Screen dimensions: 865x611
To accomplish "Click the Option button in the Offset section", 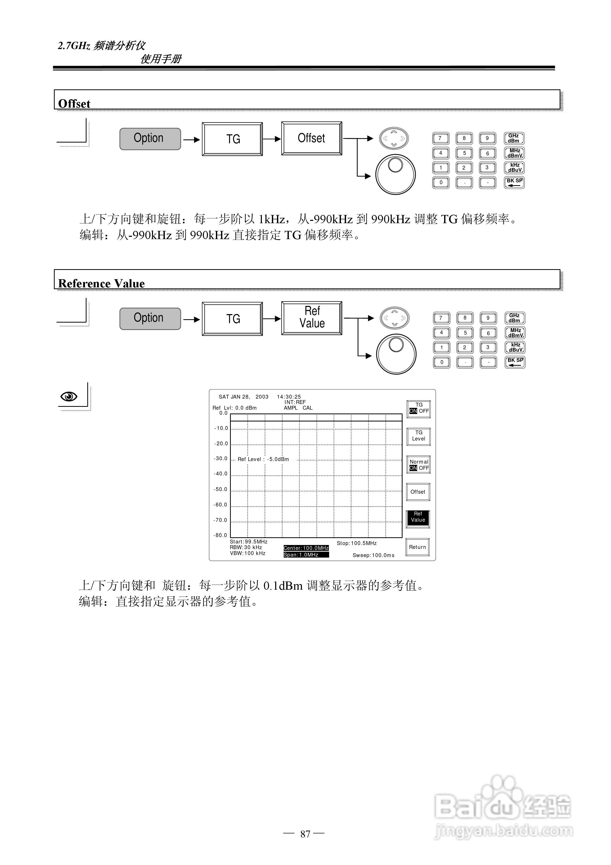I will tap(150, 139).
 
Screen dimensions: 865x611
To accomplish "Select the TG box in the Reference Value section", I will tap(232, 319).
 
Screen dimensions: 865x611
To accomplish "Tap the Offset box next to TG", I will tap(311, 138).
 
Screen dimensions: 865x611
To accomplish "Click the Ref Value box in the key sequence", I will tap(311, 318).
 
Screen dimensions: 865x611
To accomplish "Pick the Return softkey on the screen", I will tap(417, 547).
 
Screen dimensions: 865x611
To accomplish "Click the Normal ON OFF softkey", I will tap(418, 465).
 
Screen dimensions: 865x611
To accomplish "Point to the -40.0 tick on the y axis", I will tap(221, 474).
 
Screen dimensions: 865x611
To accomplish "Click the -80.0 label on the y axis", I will tap(221, 535).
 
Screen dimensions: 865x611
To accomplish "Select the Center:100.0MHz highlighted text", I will tap(306, 548).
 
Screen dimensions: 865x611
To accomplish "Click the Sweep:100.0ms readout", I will tap(373, 555).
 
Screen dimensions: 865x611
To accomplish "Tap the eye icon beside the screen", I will tap(69, 396).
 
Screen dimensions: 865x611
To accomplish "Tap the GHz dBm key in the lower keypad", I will tap(514, 318).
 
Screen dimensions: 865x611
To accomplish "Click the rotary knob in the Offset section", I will tap(395, 174).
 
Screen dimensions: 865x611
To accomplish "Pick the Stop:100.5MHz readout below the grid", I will tap(356, 543).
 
